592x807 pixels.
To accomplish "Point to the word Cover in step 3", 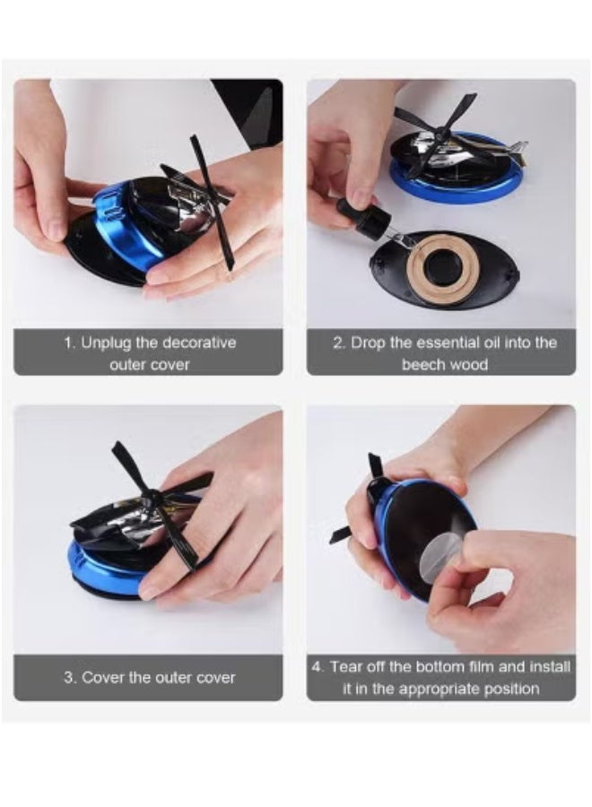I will tap(105, 677).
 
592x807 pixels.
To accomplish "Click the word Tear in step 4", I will tap(347, 666).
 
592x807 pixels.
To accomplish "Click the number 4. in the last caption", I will tap(318, 666).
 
